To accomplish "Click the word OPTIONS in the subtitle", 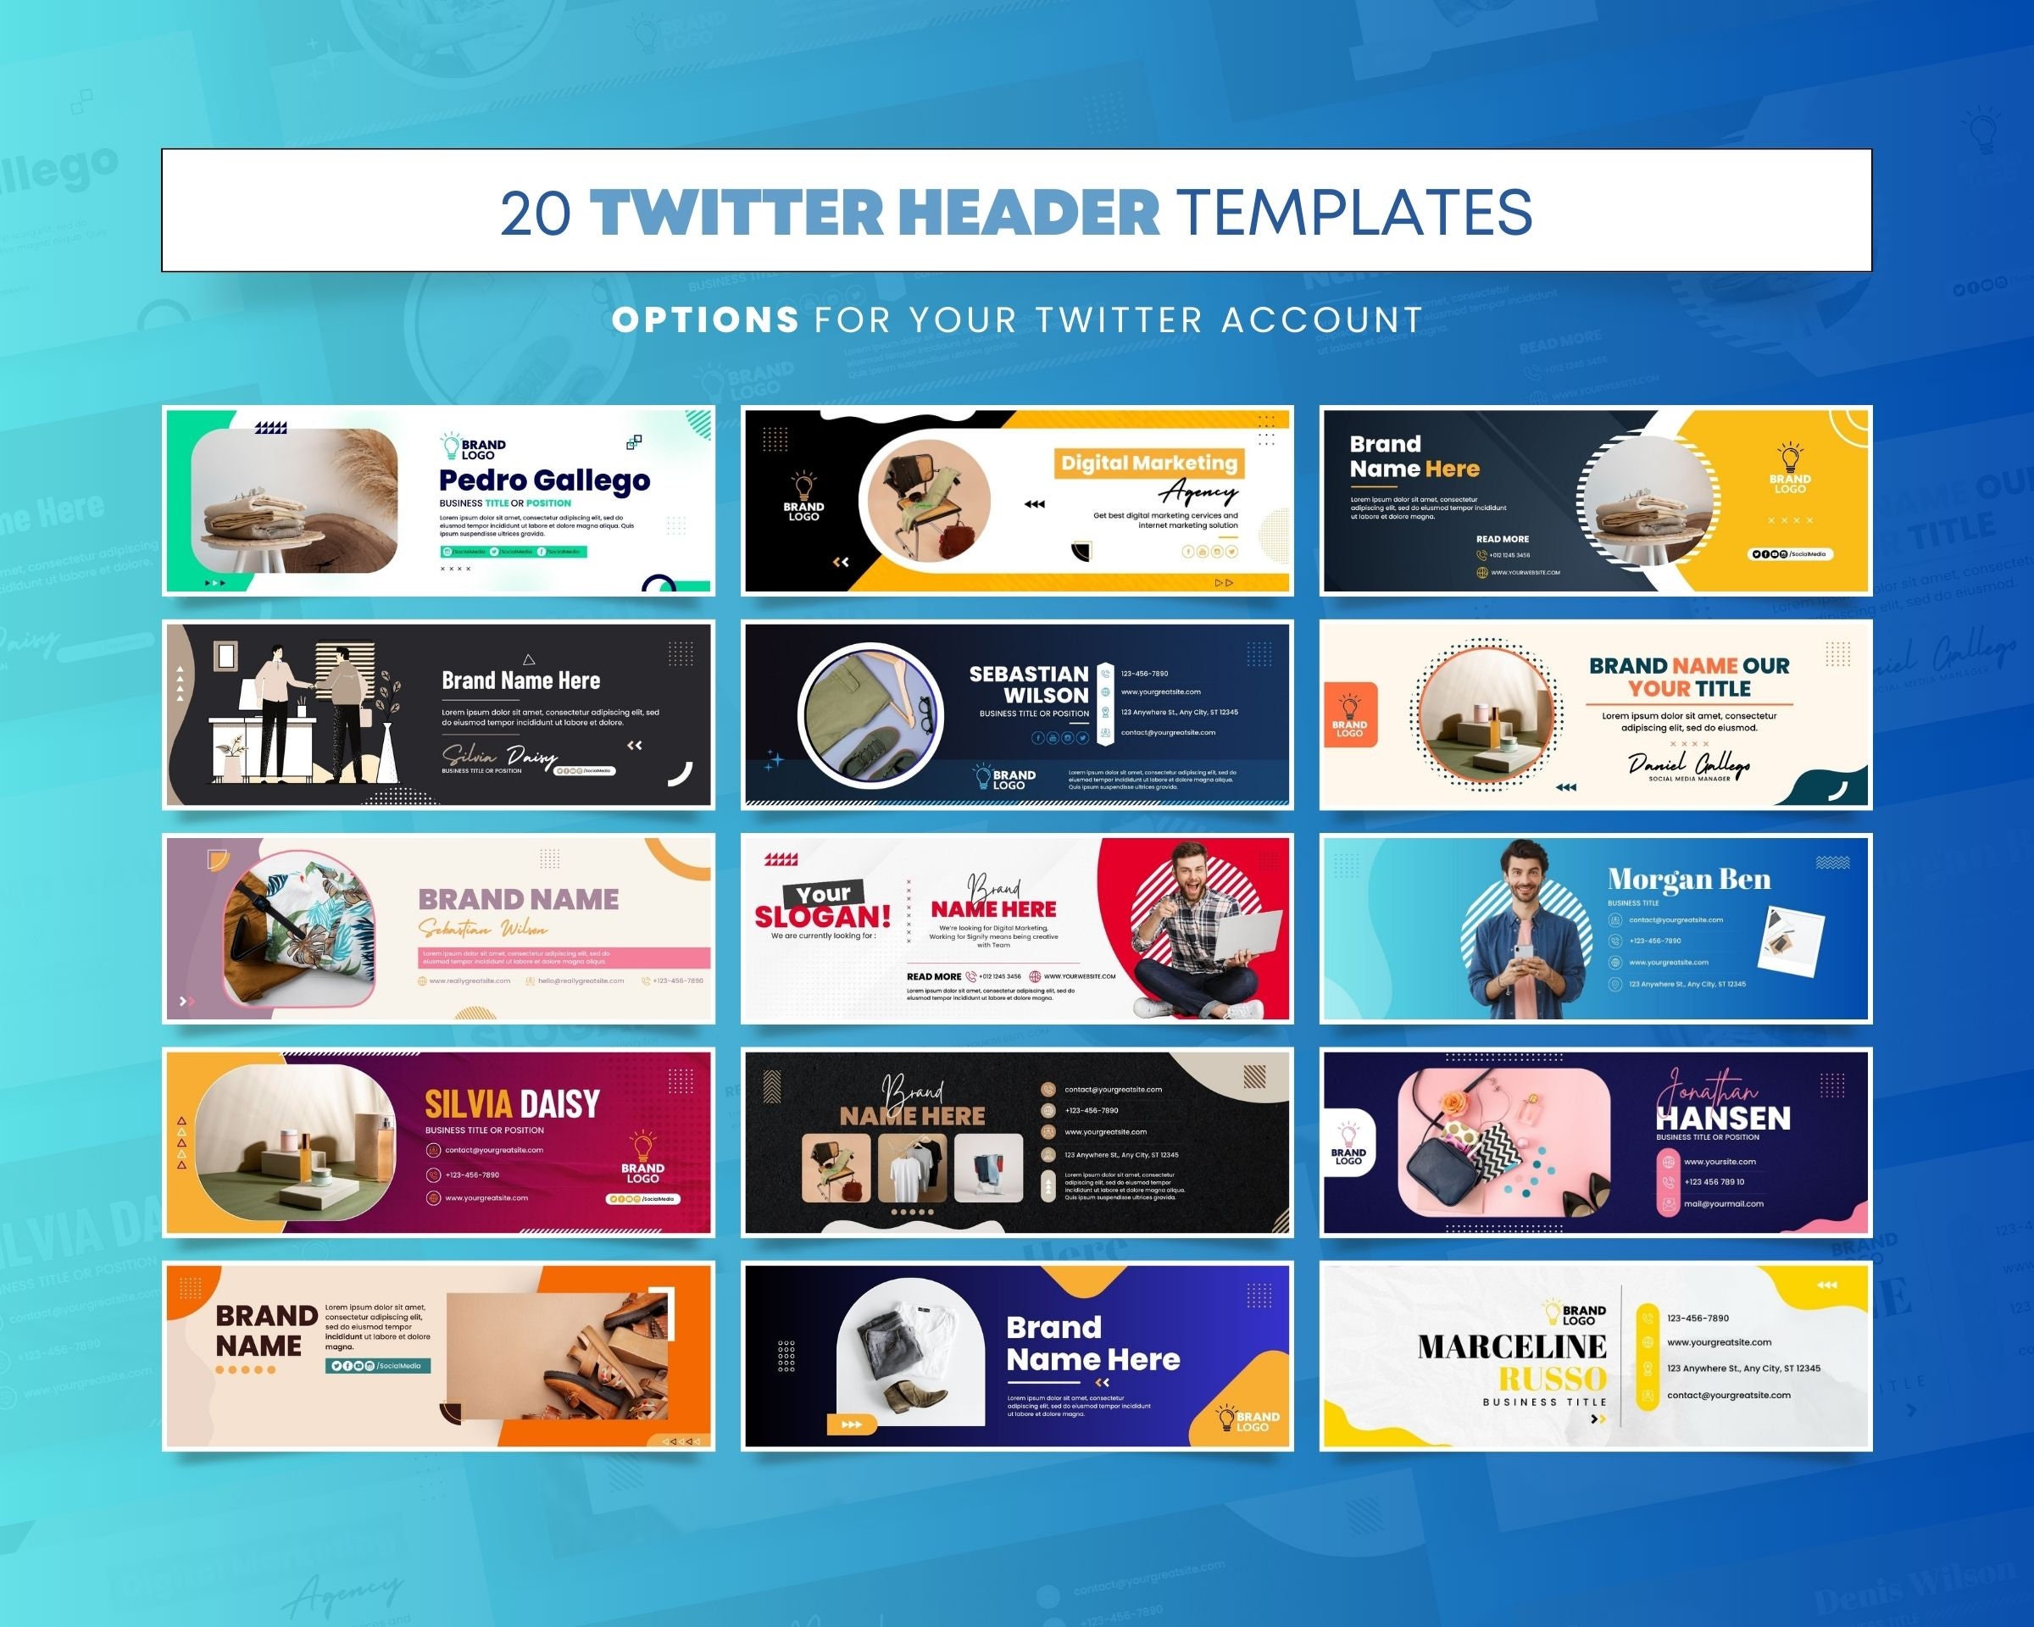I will (705, 319).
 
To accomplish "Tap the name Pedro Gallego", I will (544, 480).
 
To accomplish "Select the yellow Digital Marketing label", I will (1148, 464).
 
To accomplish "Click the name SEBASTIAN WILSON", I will (1028, 685).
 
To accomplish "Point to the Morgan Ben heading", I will (1689, 879).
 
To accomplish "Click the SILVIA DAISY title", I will (511, 1103).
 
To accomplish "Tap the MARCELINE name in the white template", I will (1511, 1347).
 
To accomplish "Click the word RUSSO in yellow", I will (1552, 1380).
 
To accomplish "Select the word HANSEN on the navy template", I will (1723, 1119).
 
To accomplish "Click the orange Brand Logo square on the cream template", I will (1349, 716).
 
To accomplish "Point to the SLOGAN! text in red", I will (822, 917).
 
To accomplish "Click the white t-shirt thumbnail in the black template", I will (911, 1168).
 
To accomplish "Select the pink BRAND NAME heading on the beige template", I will (518, 899).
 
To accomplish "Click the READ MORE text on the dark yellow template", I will (1502, 540).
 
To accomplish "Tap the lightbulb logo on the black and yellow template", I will (803, 486).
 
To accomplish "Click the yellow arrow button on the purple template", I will (851, 1424).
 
